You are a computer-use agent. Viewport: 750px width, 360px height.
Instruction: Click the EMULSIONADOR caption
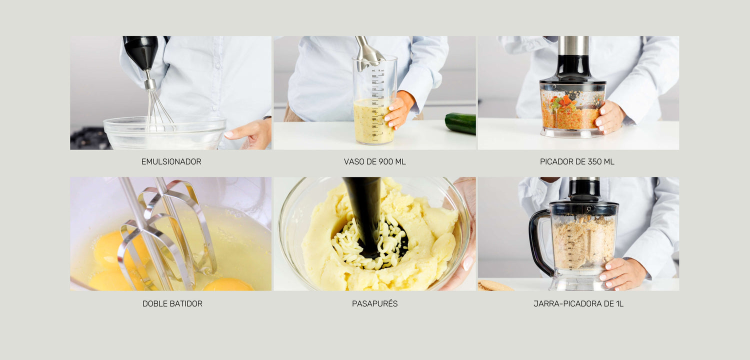click(x=171, y=161)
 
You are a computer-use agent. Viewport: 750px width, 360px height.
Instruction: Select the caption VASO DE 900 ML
click(x=374, y=161)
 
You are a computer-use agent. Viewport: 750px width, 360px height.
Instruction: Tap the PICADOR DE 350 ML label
click(x=577, y=161)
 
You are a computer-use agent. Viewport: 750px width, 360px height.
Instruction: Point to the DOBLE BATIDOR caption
click(x=172, y=303)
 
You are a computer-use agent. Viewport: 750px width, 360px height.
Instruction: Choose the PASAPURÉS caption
click(x=374, y=303)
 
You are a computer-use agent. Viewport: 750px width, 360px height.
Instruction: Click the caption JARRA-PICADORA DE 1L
click(x=578, y=303)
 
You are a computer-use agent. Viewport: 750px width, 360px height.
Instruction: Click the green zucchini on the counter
click(x=460, y=123)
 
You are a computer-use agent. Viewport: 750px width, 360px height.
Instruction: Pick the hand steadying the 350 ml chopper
click(x=609, y=117)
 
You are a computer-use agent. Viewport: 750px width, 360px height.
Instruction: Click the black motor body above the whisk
click(x=141, y=52)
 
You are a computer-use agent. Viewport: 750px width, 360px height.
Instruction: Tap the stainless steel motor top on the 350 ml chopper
click(x=573, y=45)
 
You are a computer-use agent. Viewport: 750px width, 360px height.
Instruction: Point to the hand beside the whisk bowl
click(x=248, y=134)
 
